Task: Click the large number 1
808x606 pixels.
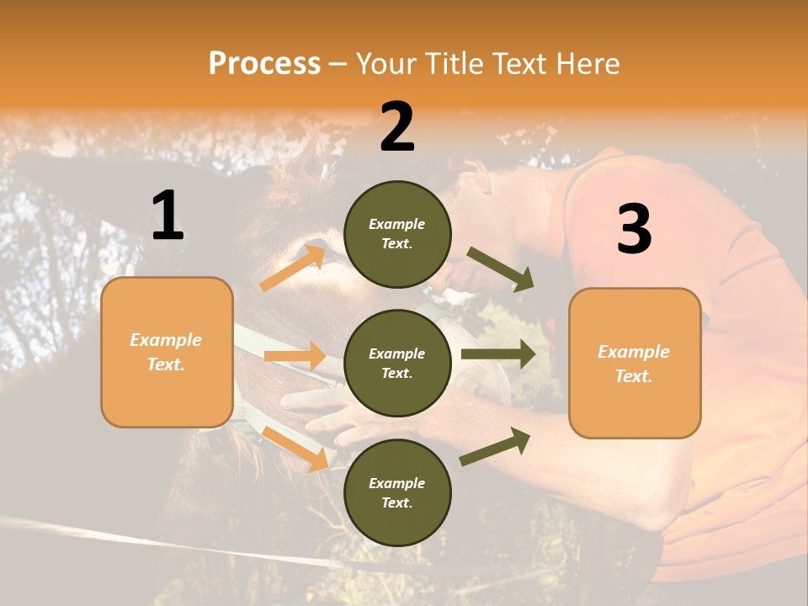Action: pyautogui.click(x=167, y=215)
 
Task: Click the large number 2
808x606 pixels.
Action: pyautogui.click(x=397, y=127)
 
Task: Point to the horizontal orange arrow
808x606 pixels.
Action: pyautogui.click(x=295, y=356)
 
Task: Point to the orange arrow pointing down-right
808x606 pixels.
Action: pyautogui.click(x=295, y=448)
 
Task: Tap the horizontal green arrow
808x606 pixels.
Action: pyautogui.click(x=498, y=354)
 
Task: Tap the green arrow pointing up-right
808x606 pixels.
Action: pyautogui.click(x=496, y=447)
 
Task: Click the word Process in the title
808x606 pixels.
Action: pyautogui.click(x=264, y=63)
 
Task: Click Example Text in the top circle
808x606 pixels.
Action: pyautogui.click(x=397, y=234)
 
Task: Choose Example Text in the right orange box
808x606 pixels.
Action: pyautogui.click(x=634, y=364)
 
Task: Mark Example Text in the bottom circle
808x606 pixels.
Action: pyautogui.click(x=397, y=493)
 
